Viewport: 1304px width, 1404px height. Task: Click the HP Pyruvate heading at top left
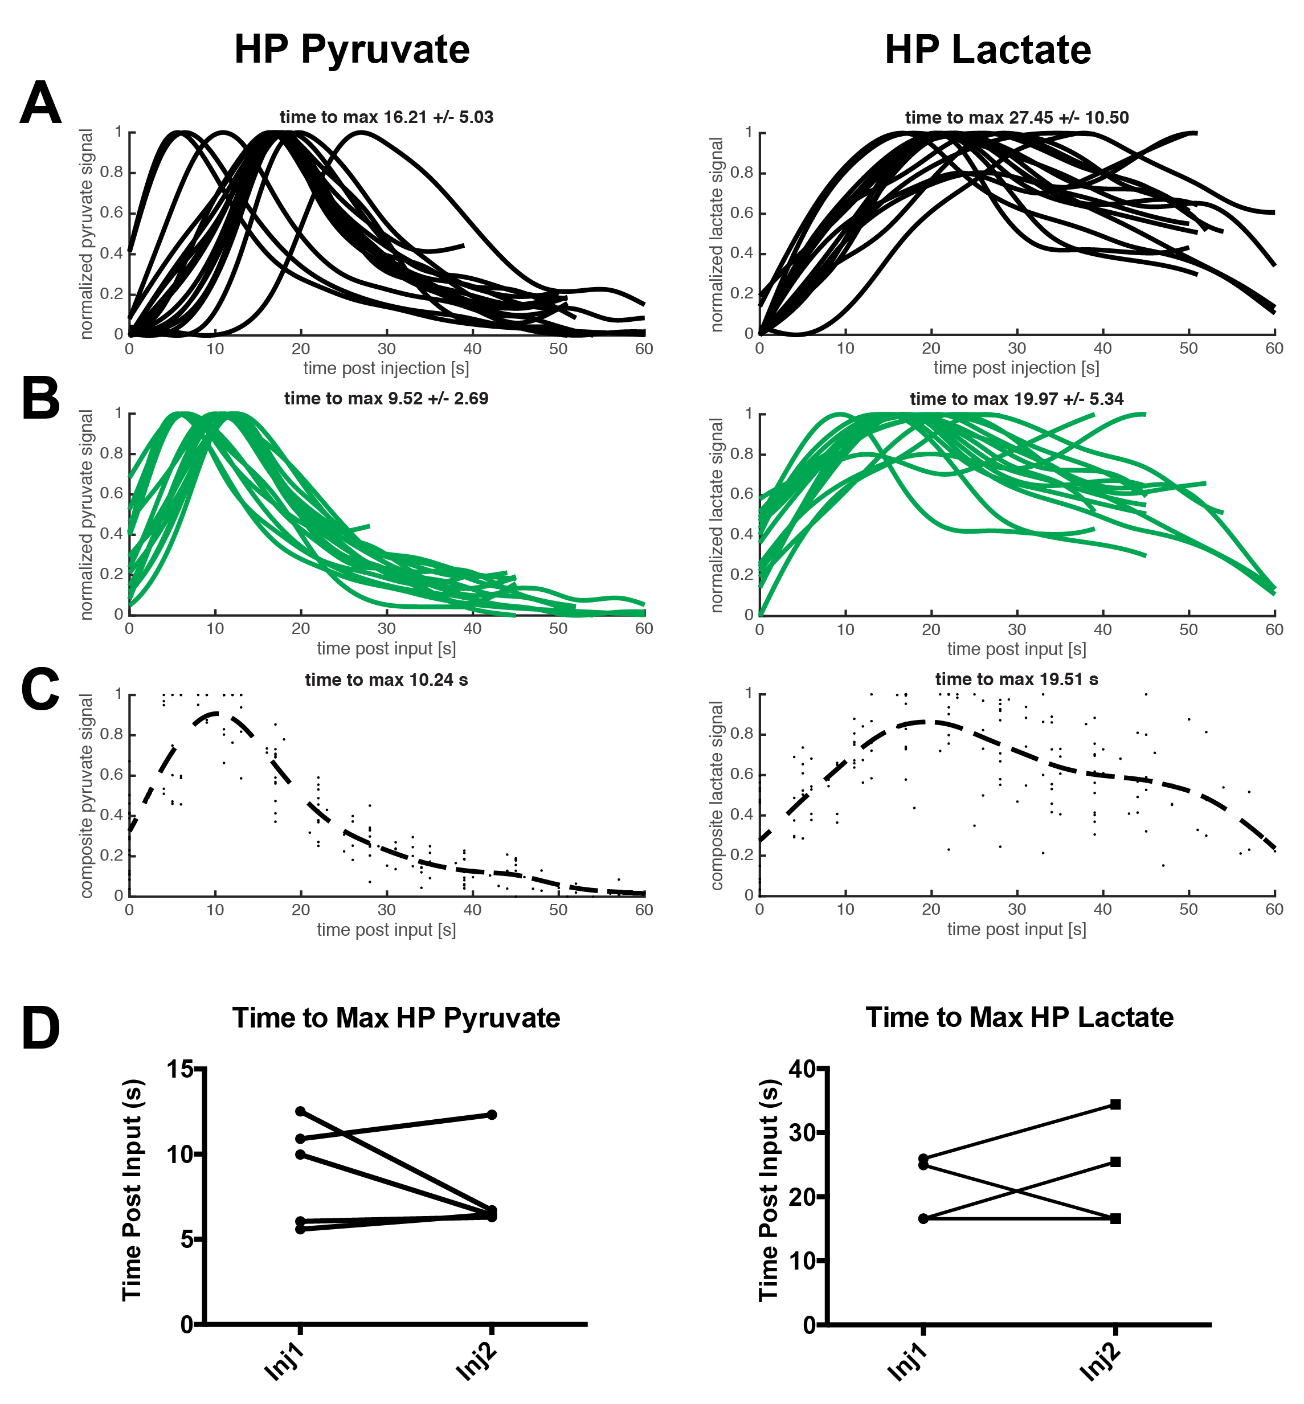click(351, 50)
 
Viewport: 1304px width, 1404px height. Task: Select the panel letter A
click(40, 103)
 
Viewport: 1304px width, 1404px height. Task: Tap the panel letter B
click(40, 399)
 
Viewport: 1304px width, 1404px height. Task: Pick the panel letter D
click(40, 1029)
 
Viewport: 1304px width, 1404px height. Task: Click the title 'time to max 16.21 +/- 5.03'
click(386, 117)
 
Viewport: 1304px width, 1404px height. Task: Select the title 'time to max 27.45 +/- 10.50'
click(1016, 118)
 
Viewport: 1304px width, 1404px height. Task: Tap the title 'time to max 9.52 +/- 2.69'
click(386, 399)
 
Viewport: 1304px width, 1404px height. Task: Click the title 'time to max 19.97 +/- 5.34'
click(1016, 399)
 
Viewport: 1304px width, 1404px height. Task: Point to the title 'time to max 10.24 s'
click(386, 680)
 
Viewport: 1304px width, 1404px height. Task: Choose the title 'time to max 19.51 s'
click(1016, 680)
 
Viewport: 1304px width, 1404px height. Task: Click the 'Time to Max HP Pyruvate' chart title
click(396, 1018)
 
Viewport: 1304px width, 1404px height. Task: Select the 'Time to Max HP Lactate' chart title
click(1019, 1017)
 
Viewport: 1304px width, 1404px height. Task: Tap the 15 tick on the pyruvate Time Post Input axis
click(181, 1070)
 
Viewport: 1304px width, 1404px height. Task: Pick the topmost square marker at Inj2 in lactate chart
click(1115, 1104)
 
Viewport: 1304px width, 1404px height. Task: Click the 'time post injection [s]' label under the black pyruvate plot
click(386, 369)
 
